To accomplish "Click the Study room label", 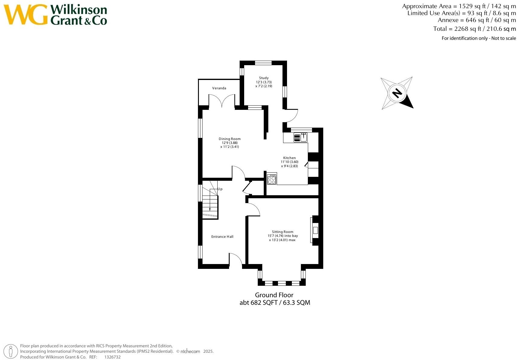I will click(x=263, y=78).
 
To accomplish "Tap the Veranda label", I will click(x=219, y=88).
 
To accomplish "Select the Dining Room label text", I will click(x=230, y=139).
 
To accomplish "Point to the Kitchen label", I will click(x=289, y=158).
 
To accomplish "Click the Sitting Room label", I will click(x=282, y=232).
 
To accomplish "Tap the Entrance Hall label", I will click(x=222, y=237).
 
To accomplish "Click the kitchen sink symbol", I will click(x=301, y=138).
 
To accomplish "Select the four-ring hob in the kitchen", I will click(x=272, y=180).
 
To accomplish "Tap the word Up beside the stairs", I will click(x=220, y=189).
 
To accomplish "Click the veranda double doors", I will click(x=222, y=101).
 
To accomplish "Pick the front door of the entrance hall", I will click(x=236, y=260).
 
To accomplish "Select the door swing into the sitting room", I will click(x=254, y=209).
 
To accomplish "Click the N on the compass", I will click(x=397, y=93).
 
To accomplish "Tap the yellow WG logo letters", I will click(x=26, y=14).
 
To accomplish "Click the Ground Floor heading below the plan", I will click(x=274, y=295).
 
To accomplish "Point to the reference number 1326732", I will click(x=112, y=357).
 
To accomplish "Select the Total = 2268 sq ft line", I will click(x=474, y=29).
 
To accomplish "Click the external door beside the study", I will click(x=292, y=116).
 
